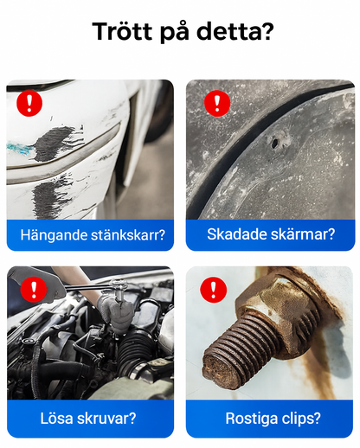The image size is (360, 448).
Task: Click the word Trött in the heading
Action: [x=124, y=33]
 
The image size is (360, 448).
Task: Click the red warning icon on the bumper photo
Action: [x=30, y=104]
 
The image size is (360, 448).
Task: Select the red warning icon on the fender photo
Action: [x=214, y=104]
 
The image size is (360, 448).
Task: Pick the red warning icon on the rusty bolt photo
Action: [x=211, y=289]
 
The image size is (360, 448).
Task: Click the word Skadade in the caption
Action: [x=232, y=234]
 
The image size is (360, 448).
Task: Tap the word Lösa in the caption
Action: [x=57, y=419]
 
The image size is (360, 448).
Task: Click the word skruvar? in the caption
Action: [x=107, y=419]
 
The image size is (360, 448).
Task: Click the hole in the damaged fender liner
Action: [x=278, y=138]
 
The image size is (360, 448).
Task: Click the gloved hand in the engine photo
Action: [x=111, y=307]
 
